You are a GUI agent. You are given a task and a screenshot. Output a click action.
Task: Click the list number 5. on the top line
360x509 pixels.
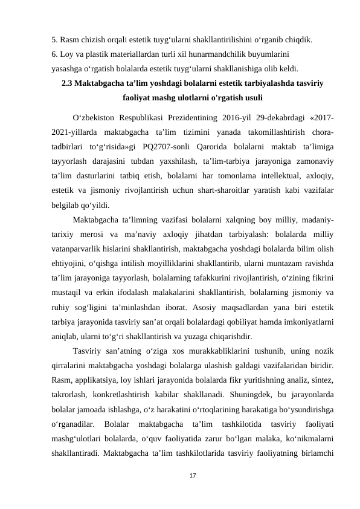[x=55, y=41]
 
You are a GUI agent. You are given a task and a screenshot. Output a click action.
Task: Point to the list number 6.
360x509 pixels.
[x=55, y=54]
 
